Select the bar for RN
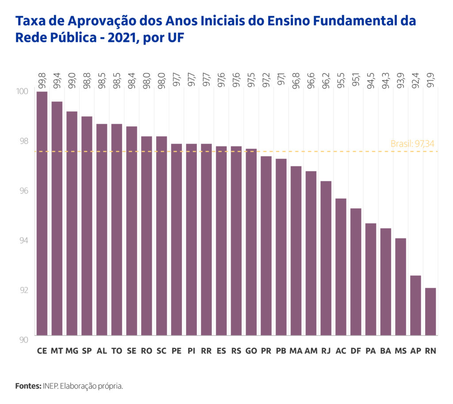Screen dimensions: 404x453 [x=430, y=312]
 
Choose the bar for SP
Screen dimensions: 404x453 [x=87, y=226]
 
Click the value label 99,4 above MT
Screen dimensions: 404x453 [x=57, y=79]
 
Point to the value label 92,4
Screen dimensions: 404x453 [x=415, y=79]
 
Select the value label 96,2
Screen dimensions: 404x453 [x=326, y=79]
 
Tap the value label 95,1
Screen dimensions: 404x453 [x=356, y=79]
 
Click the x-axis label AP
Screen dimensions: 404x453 [x=415, y=351]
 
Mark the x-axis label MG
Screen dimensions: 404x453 [x=72, y=351]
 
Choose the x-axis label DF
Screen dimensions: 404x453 [x=356, y=351]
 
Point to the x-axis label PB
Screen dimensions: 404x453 [x=281, y=351]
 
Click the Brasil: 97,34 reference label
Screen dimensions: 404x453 [x=414, y=144]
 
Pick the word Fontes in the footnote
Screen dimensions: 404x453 [x=28, y=386]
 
